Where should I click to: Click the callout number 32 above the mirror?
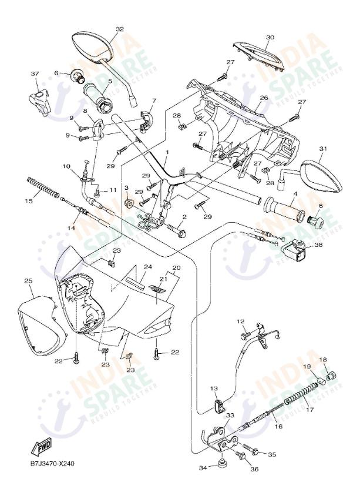[120, 29]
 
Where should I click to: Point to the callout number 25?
[28, 282]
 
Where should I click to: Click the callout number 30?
[270, 37]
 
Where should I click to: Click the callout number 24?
[148, 266]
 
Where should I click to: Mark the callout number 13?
[214, 389]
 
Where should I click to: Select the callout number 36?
[254, 468]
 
